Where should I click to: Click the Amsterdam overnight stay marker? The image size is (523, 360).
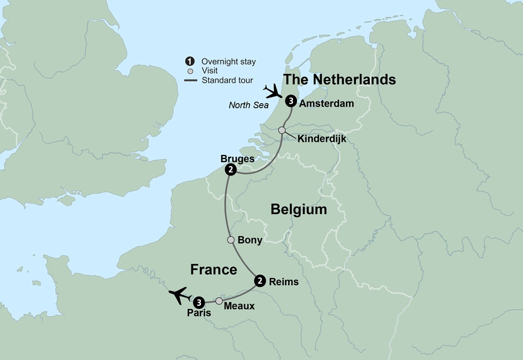coord(291,103)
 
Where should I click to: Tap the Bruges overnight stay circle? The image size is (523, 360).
coord(230,170)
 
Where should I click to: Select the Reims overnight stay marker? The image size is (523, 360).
coord(259,282)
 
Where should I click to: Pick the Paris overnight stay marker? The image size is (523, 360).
coord(199,302)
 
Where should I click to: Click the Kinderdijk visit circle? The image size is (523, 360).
coord(282,130)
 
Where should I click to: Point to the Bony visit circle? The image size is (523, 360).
coord(231,240)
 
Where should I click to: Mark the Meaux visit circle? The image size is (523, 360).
coord(219,301)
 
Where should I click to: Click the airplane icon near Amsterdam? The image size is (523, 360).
coord(274,93)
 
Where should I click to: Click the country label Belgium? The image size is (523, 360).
coord(299,210)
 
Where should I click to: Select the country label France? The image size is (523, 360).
coord(213,269)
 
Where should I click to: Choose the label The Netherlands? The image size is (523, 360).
coord(339,80)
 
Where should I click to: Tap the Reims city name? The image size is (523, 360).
coord(283,282)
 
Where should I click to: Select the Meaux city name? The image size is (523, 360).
coord(239,306)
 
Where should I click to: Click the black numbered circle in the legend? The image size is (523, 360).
coord(190,61)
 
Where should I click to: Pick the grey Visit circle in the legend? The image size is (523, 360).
coord(190,71)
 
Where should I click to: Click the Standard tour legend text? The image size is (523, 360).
coord(228,81)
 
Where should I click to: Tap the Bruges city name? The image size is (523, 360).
coord(237,159)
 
